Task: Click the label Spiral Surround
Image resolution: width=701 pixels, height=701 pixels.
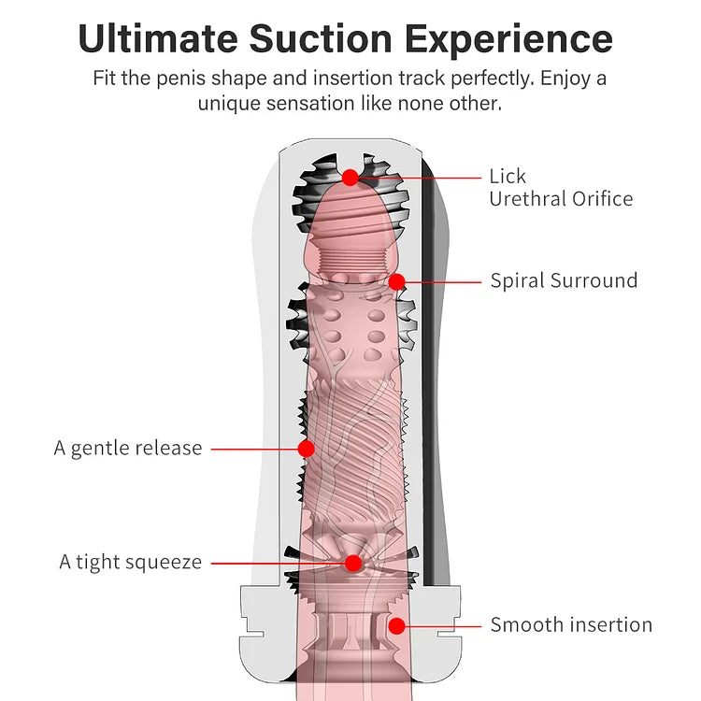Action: (x=564, y=280)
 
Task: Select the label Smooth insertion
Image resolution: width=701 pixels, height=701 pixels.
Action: (x=571, y=625)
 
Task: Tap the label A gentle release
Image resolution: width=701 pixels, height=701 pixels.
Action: (x=128, y=448)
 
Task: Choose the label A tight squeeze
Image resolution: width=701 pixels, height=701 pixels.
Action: (x=131, y=562)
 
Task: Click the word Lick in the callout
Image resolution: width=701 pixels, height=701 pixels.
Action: (x=508, y=176)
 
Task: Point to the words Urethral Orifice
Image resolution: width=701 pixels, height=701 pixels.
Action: (x=561, y=198)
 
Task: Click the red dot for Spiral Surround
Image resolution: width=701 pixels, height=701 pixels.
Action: (x=396, y=280)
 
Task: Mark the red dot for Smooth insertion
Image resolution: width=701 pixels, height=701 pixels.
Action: (x=396, y=625)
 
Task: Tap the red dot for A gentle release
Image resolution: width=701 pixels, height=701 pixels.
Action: (x=306, y=449)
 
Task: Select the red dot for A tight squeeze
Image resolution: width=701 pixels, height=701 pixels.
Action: (x=352, y=563)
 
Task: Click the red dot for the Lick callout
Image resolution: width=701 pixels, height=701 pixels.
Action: (x=350, y=177)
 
